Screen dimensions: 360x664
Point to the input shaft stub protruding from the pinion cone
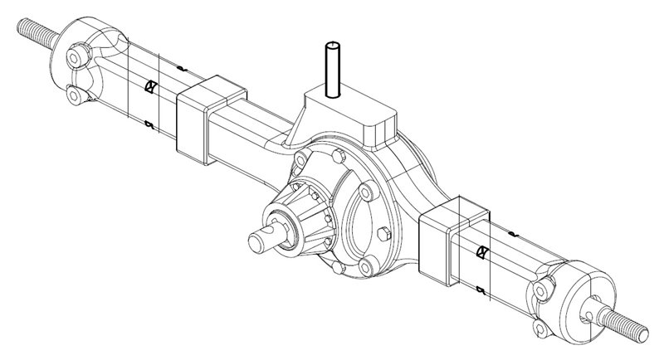pos(266,241)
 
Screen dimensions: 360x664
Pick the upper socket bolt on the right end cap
pos(543,289)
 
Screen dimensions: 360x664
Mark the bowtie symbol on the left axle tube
pos(151,86)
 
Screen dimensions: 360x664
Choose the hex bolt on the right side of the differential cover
pos(383,233)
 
